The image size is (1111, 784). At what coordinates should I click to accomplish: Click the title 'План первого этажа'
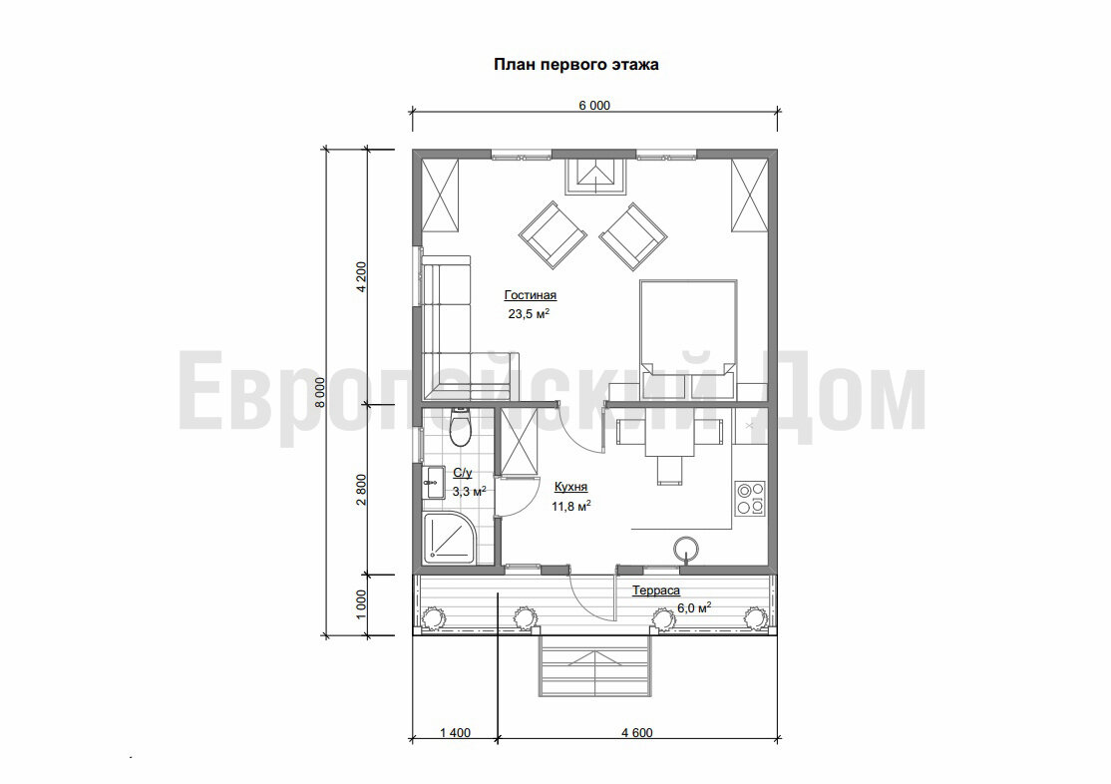point(576,65)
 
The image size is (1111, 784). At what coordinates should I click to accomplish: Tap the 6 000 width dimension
point(593,106)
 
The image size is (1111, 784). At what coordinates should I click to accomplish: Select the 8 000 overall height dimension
point(319,392)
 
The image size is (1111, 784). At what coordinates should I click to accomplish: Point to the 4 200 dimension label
point(361,277)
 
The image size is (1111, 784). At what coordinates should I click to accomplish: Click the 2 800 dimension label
point(361,489)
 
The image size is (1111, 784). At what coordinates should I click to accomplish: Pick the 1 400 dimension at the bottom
point(455,732)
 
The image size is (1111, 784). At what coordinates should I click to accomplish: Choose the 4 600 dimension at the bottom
point(637,732)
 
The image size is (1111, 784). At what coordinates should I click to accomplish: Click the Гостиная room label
point(530,295)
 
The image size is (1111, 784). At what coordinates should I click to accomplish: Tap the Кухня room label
point(570,487)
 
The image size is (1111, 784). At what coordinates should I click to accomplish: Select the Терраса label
point(656,590)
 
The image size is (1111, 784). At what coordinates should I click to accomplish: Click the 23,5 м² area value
point(529,313)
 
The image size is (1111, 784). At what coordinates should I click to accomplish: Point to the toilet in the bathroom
point(460,427)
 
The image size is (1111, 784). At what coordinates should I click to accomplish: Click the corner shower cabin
point(450,538)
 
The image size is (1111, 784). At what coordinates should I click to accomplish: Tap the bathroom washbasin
point(432,483)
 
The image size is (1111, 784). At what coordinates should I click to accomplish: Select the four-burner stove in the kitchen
point(750,498)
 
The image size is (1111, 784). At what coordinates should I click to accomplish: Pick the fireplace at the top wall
point(595,176)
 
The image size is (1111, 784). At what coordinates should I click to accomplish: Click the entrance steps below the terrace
point(595,667)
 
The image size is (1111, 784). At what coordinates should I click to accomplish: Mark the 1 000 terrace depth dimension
point(361,604)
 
